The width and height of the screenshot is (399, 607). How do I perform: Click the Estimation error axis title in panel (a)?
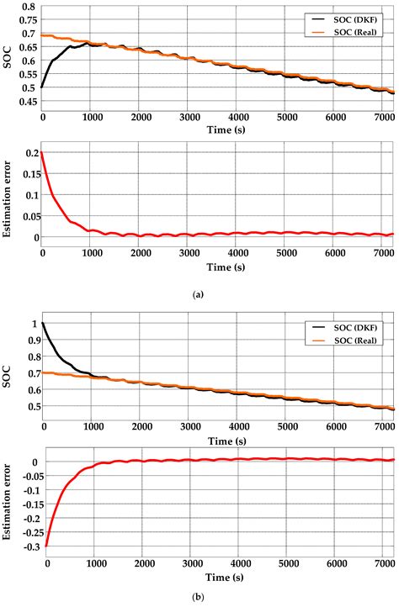(8, 196)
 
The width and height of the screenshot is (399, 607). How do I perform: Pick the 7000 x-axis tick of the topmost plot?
(383, 117)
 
